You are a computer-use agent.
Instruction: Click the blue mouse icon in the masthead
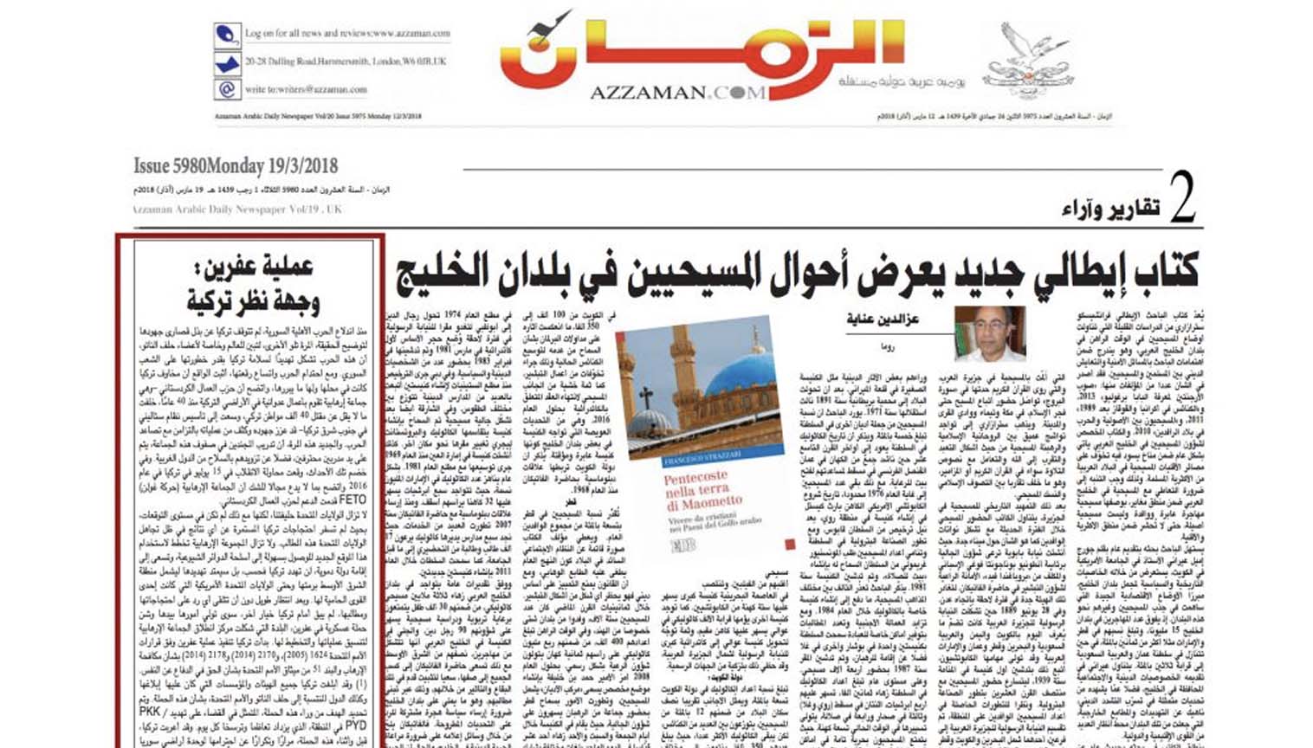(227, 36)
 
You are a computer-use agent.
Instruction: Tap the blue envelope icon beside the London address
(227, 63)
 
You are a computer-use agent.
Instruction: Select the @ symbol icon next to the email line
(227, 89)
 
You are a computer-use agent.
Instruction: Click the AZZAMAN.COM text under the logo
(677, 93)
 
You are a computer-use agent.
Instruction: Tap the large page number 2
(1181, 198)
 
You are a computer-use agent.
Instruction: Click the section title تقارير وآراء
(1110, 208)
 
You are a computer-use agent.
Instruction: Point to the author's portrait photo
(989, 332)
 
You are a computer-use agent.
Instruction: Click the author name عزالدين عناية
(883, 319)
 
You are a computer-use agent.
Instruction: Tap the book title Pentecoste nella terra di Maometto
(702, 491)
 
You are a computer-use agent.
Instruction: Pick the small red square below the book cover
(789, 545)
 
